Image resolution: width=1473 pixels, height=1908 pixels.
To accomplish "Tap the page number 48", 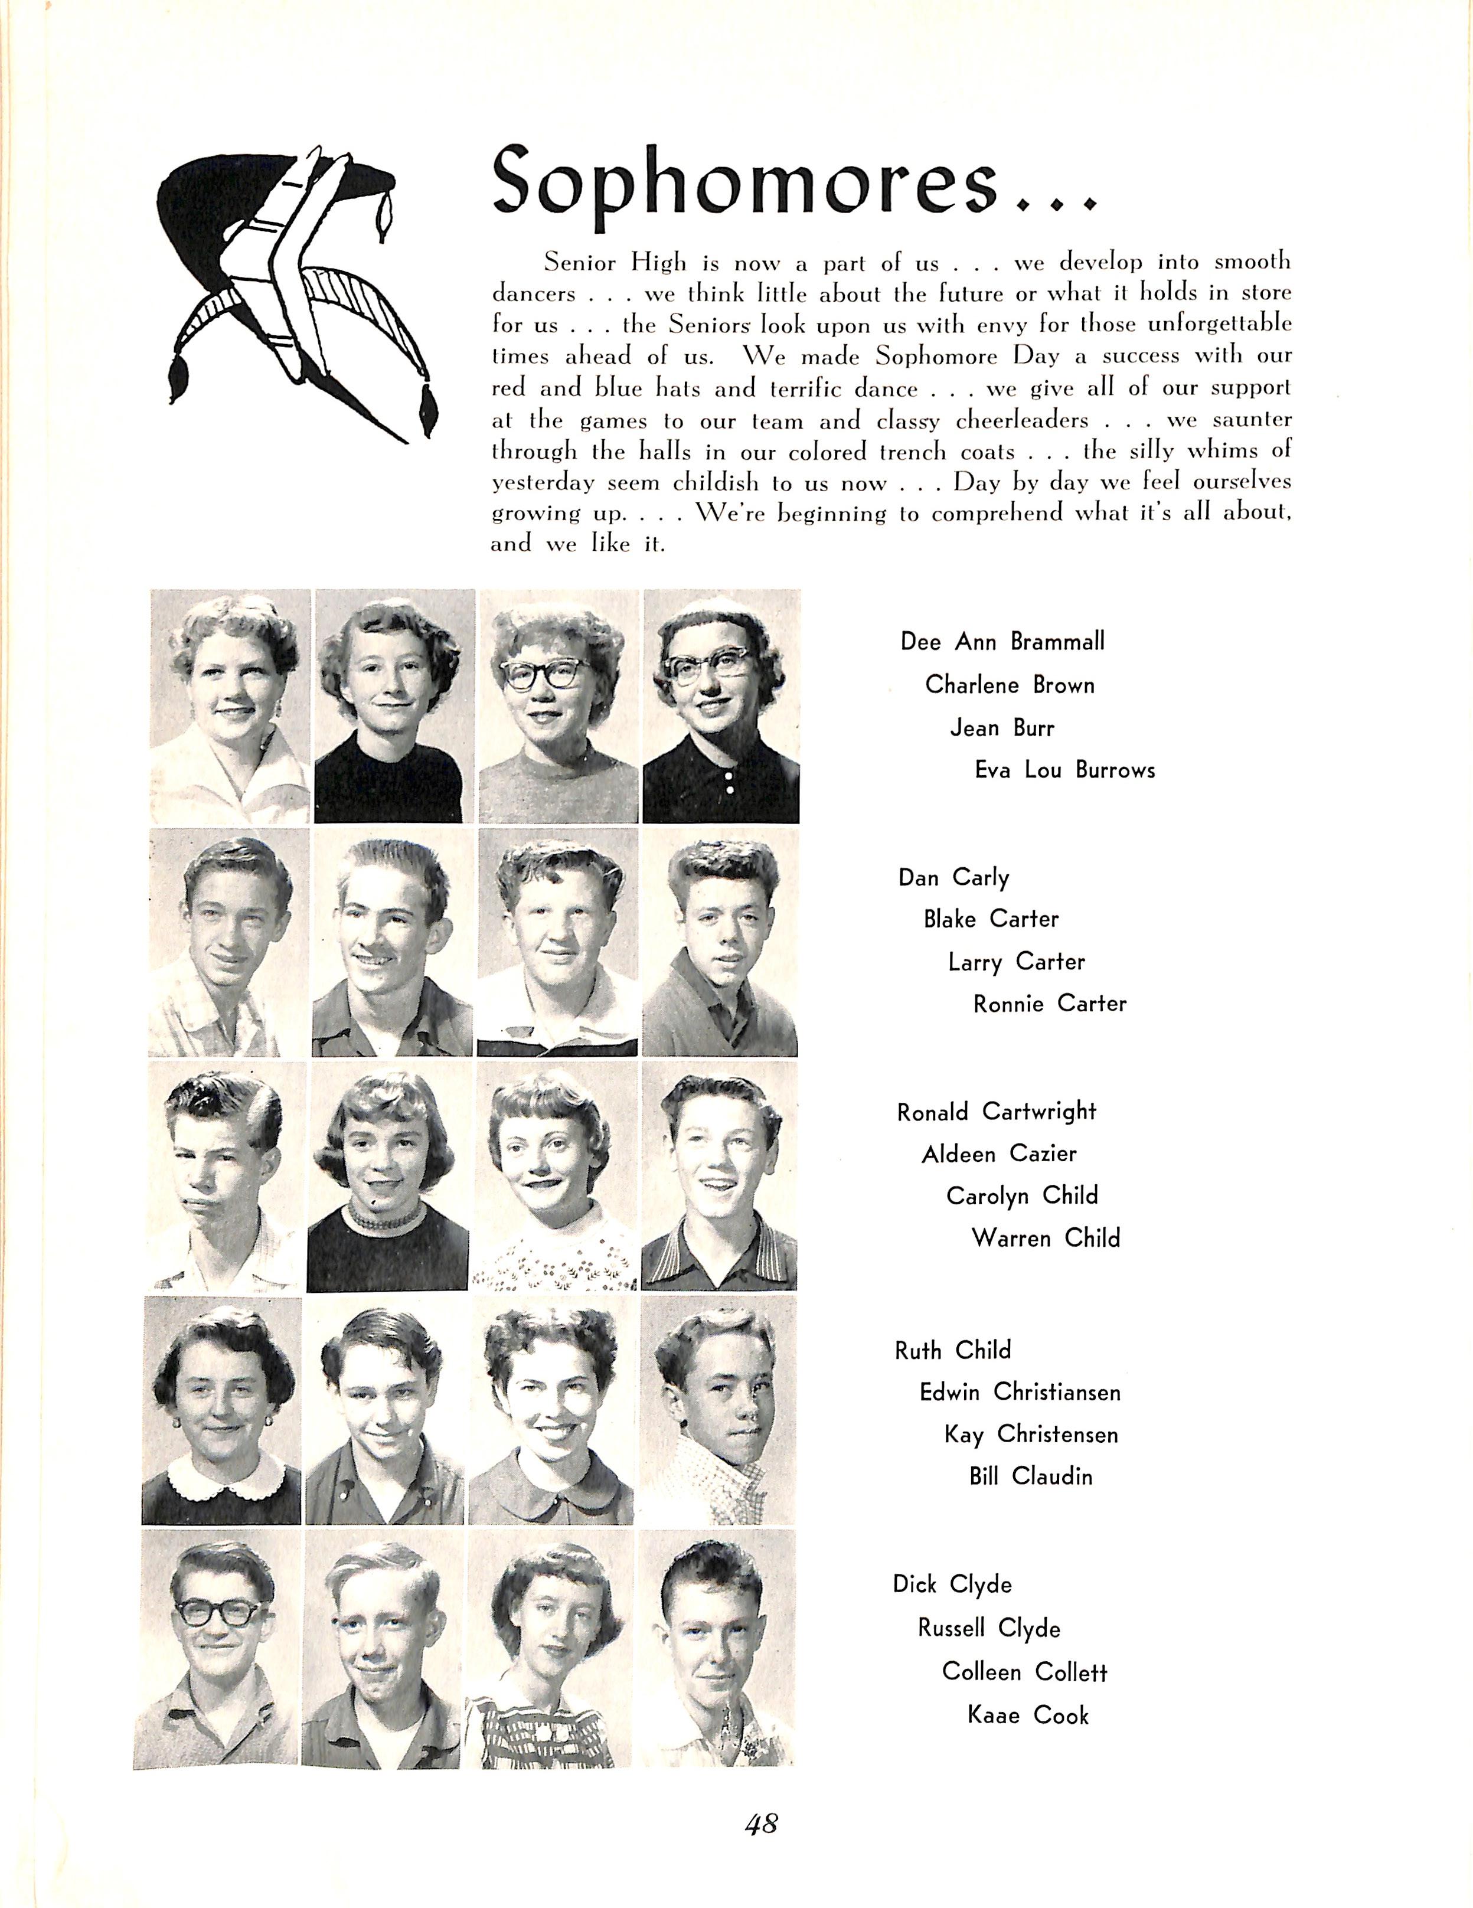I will pos(761,1823).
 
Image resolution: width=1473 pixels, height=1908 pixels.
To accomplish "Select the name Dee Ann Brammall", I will pos(1002,642).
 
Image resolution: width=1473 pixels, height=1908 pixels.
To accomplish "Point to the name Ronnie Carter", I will pos(1049,1004).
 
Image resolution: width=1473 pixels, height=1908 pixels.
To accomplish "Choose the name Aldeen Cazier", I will pos(998,1155).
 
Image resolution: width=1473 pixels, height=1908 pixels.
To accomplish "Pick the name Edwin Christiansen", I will pos(1020,1393).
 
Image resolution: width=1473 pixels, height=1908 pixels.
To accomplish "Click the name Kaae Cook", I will pos(1027,1716).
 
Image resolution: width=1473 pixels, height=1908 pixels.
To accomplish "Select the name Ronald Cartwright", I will pos(996,1112).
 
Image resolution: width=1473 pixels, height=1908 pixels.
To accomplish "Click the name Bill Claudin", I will pos(1030,1477).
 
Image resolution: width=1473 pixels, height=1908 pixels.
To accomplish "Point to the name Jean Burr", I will pos(1002,728).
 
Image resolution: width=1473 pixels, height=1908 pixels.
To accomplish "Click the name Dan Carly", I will pos(953,877).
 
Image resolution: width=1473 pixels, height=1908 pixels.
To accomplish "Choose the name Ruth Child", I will pos(952,1351).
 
